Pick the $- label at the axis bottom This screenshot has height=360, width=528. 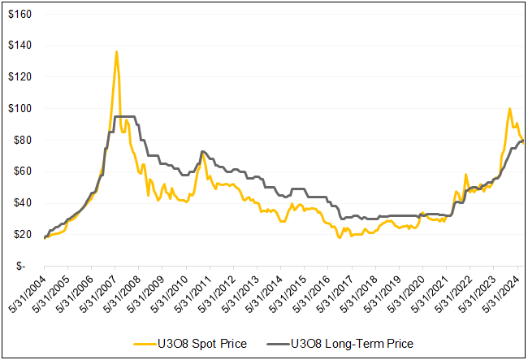click(x=26, y=266)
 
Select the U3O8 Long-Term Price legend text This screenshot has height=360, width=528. click(x=353, y=344)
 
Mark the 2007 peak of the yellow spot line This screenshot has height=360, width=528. click(x=116, y=52)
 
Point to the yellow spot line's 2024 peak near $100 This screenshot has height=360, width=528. click(x=509, y=108)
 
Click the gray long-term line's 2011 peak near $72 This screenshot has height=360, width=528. click(x=202, y=152)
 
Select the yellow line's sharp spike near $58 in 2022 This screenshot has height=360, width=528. click(x=465, y=174)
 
